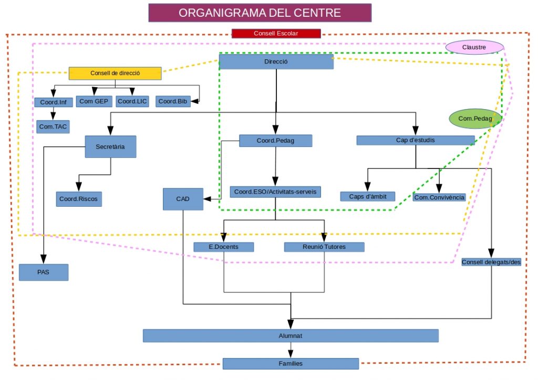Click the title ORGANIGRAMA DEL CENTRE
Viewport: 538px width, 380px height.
[x=260, y=13]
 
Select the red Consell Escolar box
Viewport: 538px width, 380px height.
[x=276, y=34]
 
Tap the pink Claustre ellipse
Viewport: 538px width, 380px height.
[x=474, y=47]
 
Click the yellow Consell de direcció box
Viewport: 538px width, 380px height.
[x=115, y=73]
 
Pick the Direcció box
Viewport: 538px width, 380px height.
[x=276, y=62]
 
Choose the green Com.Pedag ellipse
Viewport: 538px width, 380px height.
[x=475, y=119]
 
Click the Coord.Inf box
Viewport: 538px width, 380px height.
[x=53, y=102]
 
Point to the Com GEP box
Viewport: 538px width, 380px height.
[x=94, y=101]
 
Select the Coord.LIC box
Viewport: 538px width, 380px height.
[x=132, y=101]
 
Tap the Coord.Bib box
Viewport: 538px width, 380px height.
[x=173, y=101]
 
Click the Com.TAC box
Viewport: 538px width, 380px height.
[x=54, y=126]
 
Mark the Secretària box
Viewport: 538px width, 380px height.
[x=110, y=147]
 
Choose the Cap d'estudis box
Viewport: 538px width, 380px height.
[x=415, y=140]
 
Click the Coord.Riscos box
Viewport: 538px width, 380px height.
[x=78, y=199]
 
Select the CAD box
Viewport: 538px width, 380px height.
[x=183, y=199]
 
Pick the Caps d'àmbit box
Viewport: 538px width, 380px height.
[x=367, y=196]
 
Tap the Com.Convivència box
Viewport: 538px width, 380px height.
[x=439, y=197]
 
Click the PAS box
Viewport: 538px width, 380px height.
[x=44, y=272]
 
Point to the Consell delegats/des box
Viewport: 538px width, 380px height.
[x=491, y=262]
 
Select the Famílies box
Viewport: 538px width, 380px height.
[x=291, y=363]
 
